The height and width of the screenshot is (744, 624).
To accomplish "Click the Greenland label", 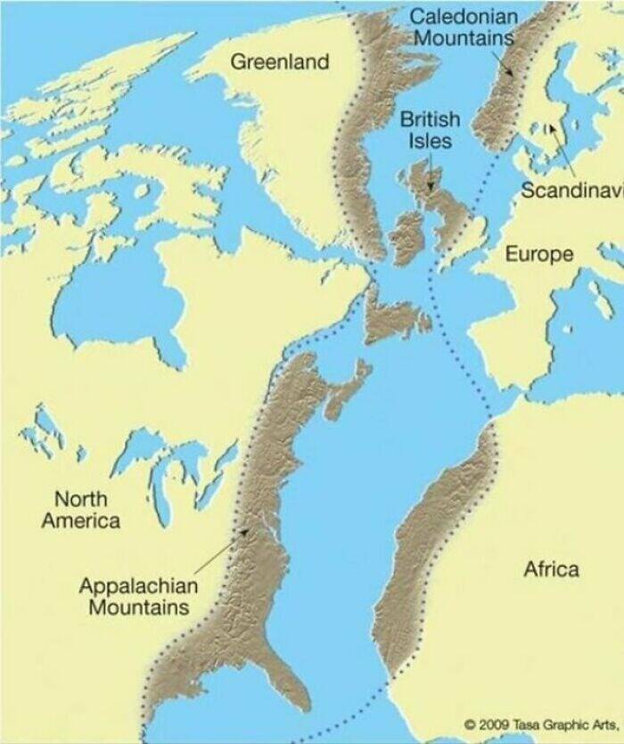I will [x=280, y=61].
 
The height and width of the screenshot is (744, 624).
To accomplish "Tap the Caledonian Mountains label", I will [x=464, y=27].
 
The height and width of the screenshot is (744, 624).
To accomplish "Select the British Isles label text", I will [x=430, y=130].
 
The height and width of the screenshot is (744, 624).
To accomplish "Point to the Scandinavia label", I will [x=571, y=190].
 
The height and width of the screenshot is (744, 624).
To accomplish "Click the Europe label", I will [x=539, y=254].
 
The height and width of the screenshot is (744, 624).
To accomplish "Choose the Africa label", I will [x=550, y=568].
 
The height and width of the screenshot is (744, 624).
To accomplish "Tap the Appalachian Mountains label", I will [x=137, y=596].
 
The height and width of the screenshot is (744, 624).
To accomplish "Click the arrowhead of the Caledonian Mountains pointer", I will [x=512, y=77].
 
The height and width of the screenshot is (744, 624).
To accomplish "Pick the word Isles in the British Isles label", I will [x=430, y=142].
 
